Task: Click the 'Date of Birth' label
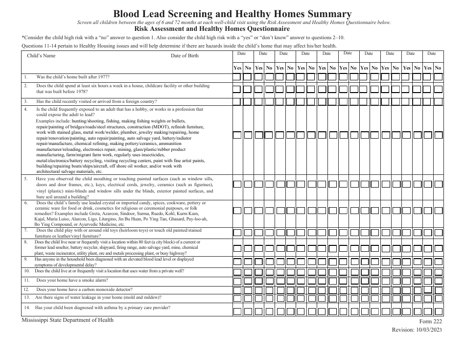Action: coord(185,56)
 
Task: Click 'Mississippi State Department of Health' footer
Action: coord(67,320)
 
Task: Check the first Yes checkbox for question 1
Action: coord(237,77)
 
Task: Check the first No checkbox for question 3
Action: coord(248,101)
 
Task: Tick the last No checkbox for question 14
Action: coord(438,311)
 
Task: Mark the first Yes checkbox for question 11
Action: coord(237,281)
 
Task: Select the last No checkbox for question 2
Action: coord(438,89)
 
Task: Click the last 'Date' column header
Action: coord(432,53)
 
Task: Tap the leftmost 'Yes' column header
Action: coord(237,68)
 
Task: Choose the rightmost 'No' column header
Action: coord(438,68)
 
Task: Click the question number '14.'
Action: coord(26,308)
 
